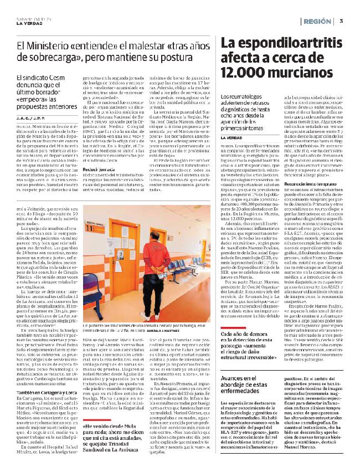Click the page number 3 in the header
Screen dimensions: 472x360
342,20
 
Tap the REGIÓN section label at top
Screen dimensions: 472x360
318,20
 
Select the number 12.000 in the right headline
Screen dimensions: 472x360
244,72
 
